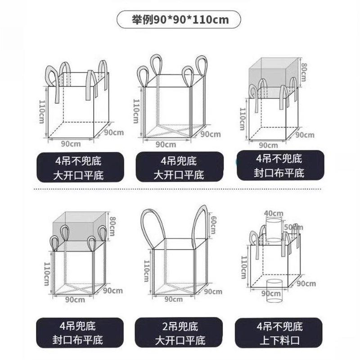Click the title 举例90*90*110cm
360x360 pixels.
[179, 20]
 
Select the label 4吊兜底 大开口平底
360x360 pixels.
[179, 167]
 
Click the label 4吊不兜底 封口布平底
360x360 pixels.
[279, 165]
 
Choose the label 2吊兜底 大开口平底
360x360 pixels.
[179, 332]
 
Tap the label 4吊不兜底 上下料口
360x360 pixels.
[279, 332]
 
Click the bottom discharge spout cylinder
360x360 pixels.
[274, 289]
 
